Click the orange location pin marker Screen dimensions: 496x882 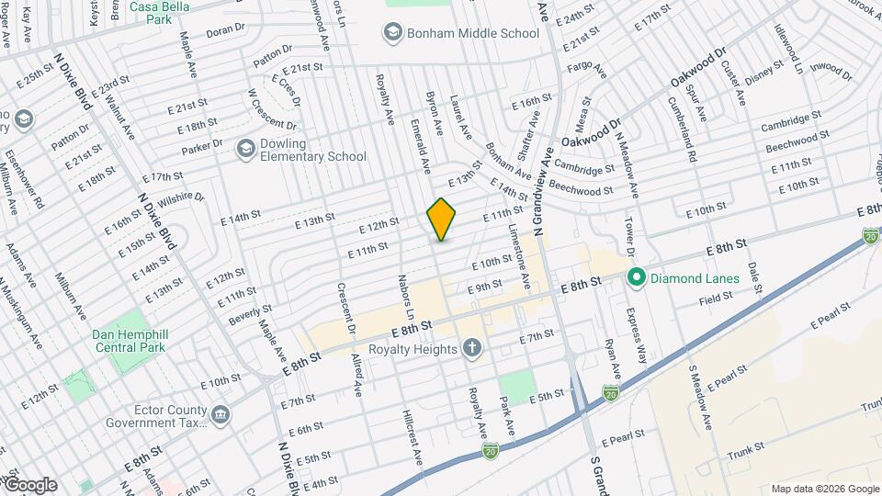point(442,219)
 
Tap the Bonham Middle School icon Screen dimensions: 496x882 point(393,34)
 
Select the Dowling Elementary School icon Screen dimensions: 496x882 point(245,148)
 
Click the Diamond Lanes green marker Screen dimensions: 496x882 point(634,276)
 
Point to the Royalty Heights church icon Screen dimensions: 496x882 point(472,348)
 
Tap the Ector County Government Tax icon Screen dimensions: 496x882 point(221,415)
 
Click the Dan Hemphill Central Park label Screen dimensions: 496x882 point(133,341)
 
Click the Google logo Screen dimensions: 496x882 point(29,484)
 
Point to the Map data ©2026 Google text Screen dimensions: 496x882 point(823,489)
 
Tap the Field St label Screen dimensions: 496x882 point(715,298)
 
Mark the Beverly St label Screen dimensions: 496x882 point(251,315)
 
